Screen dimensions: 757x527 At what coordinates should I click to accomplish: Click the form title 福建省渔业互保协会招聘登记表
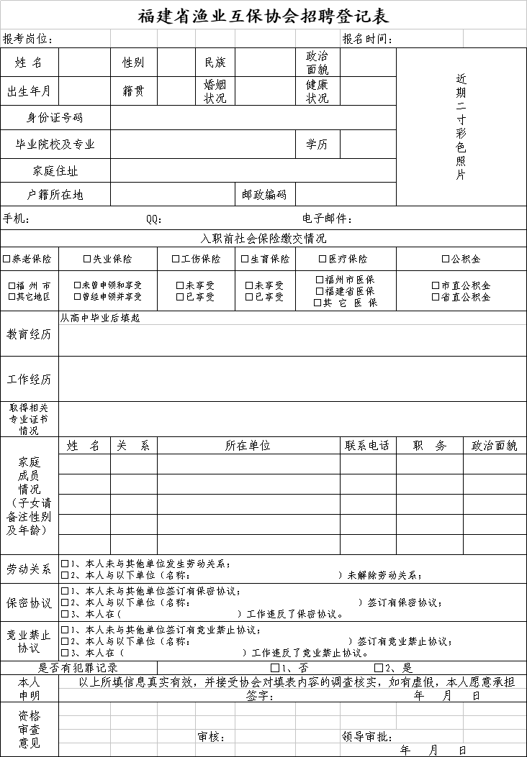pos(263,16)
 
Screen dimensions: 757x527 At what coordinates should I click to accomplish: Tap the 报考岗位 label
pos(27,39)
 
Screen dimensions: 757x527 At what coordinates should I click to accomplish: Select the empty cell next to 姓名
pos(85,63)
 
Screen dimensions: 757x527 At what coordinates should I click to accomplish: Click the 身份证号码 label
pos(55,118)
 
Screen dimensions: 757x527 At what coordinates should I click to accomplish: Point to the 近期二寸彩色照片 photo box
pos(461,127)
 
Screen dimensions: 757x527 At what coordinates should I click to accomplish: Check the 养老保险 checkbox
pos(6,259)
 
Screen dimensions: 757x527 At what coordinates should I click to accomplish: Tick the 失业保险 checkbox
pos(87,259)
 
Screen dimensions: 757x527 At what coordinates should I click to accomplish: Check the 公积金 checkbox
pos(446,259)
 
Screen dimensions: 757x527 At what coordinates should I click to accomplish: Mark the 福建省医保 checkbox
pos(320,291)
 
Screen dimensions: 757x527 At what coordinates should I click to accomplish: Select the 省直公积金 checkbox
pos(436,296)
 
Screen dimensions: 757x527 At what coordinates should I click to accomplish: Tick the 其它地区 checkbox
pos(12,296)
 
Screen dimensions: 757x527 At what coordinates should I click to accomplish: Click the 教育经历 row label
pos(30,334)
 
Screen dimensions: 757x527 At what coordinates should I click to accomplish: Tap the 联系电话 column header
pos(367,446)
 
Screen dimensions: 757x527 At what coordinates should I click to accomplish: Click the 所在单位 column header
pos(248,446)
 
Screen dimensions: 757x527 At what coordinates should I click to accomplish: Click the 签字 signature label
pos(258,696)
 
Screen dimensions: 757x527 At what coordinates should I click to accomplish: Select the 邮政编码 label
pos(264,194)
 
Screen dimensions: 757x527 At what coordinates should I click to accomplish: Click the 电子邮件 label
pos(327,219)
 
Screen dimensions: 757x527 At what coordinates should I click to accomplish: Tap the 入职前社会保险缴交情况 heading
pos(263,239)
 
